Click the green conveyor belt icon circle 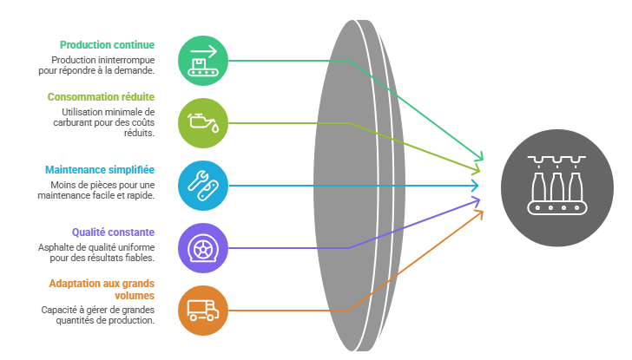click(202, 61)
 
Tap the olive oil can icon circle click(202, 123)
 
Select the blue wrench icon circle click(202, 186)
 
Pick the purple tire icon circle click(202, 248)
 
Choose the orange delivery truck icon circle click(202, 311)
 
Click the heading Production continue click(107, 44)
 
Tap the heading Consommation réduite click(101, 96)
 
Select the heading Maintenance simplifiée click(99, 169)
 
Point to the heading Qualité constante click(113, 232)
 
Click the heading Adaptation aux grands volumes click(102, 290)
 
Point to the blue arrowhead click(475, 186)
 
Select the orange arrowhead click(478, 213)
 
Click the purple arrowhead click(476, 202)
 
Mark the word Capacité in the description click(56, 310)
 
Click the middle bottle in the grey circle click(556, 186)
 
